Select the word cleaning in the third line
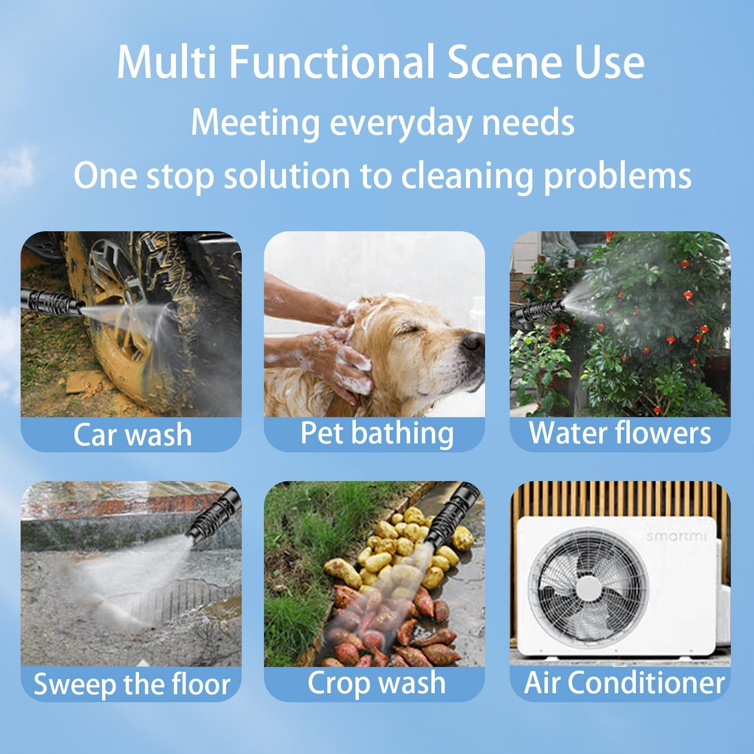(467, 176)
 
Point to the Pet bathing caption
(376, 433)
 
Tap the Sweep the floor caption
(132, 684)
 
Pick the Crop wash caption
(376, 683)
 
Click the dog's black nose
(474, 342)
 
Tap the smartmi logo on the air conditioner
(676, 536)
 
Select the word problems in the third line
(618, 176)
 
